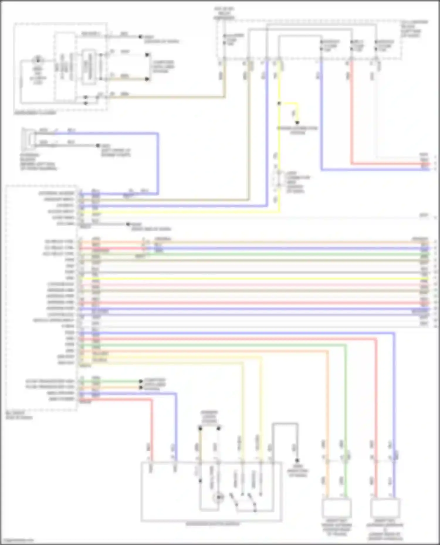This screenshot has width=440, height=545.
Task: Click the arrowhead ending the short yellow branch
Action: pyautogui.click(x=297, y=123)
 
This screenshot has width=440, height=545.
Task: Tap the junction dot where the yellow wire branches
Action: pyautogui.click(x=279, y=103)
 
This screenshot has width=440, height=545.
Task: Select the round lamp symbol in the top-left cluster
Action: pyautogui.click(x=38, y=60)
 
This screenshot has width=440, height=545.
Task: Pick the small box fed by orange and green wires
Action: pyautogui.click(x=337, y=508)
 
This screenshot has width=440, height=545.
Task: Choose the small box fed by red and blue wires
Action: pyautogui.click(x=385, y=508)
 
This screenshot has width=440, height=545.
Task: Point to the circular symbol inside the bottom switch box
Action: pyautogui.click(x=219, y=497)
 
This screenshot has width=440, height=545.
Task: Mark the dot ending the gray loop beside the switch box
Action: pyautogui.click(x=297, y=460)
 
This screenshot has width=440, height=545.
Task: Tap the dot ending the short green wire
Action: pyautogui.click(x=141, y=381)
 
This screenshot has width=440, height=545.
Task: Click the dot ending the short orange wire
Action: pyautogui.click(x=141, y=387)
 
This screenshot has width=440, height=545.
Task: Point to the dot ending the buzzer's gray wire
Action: pyautogui.click(x=98, y=146)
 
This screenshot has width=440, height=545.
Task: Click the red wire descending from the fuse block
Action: pyautogui.click(x=351, y=117)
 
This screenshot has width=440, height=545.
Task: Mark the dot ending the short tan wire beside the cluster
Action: pyautogui.click(x=147, y=79)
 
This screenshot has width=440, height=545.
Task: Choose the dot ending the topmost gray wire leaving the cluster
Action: pyautogui.click(x=140, y=37)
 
